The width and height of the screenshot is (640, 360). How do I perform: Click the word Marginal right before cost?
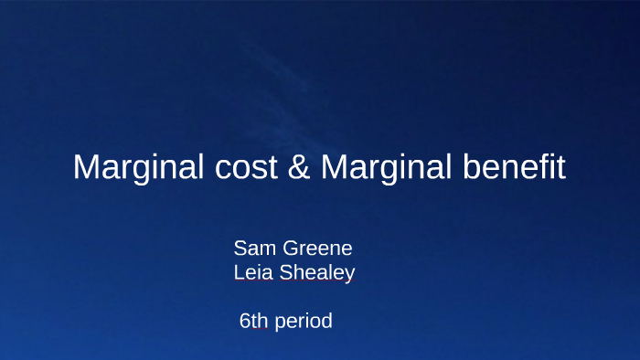pyautogui.click(x=132, y=168)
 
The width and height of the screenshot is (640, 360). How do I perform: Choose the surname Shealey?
pyautogui.click(x=316, y=272)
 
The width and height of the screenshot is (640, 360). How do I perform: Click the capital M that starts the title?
pyautogui.click(x=85, y=168)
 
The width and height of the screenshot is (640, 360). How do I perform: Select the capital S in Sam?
pyautogui.click(x=240, y=248)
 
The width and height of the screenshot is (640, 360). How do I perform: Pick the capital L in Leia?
pyautogui.click(x=239, y=271)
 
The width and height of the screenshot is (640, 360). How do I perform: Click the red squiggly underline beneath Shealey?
pyautogui.click(x=316, y=282)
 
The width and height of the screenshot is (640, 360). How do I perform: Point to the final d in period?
pyautogui.click(x=326, y=321)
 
